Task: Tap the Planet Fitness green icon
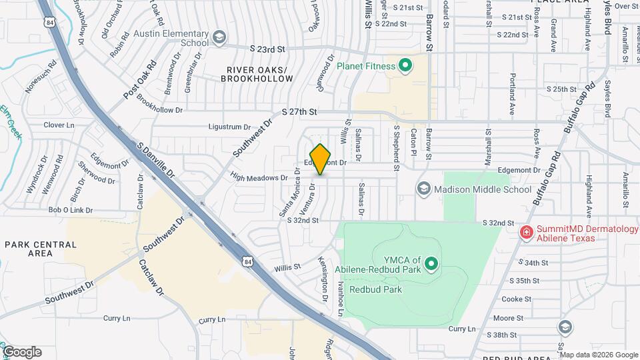pos(404,65)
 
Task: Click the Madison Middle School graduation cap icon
pos(423,189)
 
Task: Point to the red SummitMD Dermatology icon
pos(526,233)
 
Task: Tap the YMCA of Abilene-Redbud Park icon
pos(431,265)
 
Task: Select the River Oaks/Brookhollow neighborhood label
pos(259,74)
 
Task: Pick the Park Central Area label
pos(41,249)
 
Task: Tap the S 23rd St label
pos(267,49)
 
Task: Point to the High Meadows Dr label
pos(258,178)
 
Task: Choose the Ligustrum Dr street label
pos(229,126)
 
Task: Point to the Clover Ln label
pos(59,125)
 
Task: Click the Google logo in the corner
pos(22,352)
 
